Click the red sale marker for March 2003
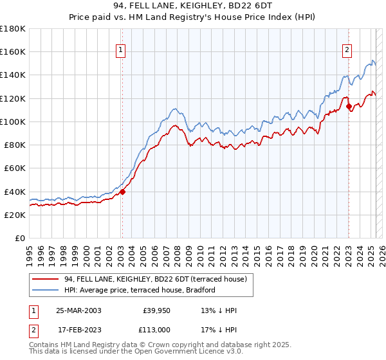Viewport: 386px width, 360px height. [x=122, y=192]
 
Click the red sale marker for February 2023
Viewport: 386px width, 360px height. [x=349, y=107]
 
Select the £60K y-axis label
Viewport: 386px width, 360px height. [x=15, y=168]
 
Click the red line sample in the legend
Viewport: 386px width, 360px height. [x=45, y=279]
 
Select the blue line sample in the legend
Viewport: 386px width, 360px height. [x=45, y=290]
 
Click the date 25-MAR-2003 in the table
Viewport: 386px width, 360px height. [x=78, y=310]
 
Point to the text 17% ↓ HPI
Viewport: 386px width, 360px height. [x=219, y=330]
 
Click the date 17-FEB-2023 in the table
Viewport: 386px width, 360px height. [x=78, y=330]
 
